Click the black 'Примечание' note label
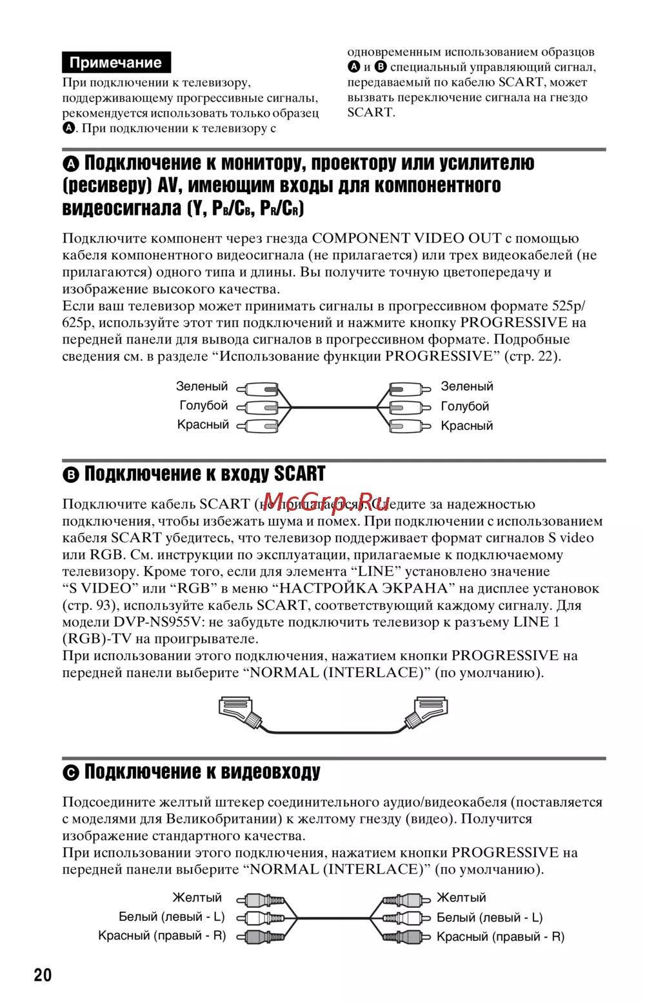pos(116,63)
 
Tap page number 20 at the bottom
pos(43,974)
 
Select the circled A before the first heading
pos(71,163)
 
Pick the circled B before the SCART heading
pos(71,475)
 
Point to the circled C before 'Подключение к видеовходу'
pos(71,773)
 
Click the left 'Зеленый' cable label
pos(202,386)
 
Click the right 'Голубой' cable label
pos(464,406)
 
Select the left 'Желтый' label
pos(197,898)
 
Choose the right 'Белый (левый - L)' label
pos(490,918)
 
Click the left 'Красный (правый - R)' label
pos(162,936)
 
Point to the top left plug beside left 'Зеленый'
pos(258,389)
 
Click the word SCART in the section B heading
pos(299,474)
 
